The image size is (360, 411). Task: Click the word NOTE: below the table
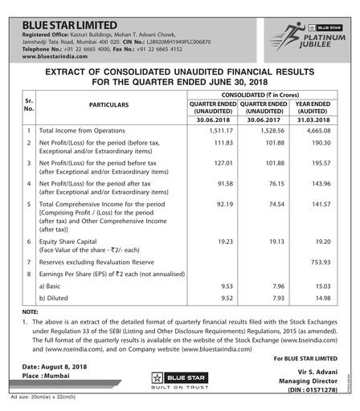pyautogui.click(x=31, y=311)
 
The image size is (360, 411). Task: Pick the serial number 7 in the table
pyautogui.click(x=28, y=262)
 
